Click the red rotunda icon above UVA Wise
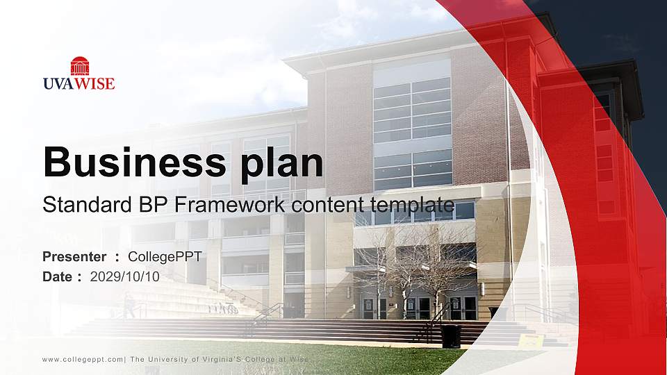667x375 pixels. tap(79, 66)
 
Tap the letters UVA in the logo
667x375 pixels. tap(58, 84)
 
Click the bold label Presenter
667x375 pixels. tap(74, 257)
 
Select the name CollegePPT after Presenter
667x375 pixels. tap(165, 257)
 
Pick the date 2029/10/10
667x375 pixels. tap(125, 276)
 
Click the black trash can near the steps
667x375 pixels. tap(450, 336)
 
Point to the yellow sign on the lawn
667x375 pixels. tap(531, 342)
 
